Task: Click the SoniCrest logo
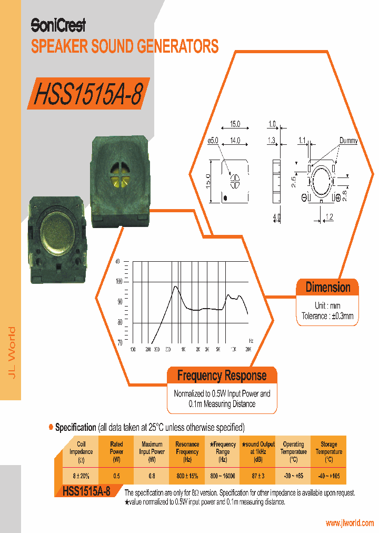click(x=58, y=25)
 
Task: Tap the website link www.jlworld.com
click(x=350, y=523)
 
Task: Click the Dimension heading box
click(x=327, y=288)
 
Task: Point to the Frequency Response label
click(x=222, y=376)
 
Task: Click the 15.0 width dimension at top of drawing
click(x=234, y=124)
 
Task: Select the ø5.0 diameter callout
click(x=213, y=141)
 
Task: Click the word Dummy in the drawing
click(x=348, y=141)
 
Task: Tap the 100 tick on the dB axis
click(x=119, y=281)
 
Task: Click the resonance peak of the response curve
click(x=174, y=287)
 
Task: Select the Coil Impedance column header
click(x=81, y=451)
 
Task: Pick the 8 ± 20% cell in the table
click(x=81, y=476)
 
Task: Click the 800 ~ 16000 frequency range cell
click(x=222, y=476)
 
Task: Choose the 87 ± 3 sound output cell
click(x=258, y=476)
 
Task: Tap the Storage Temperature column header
click(x=328, y=451)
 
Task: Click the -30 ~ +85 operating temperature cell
click(x=293, y=476)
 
